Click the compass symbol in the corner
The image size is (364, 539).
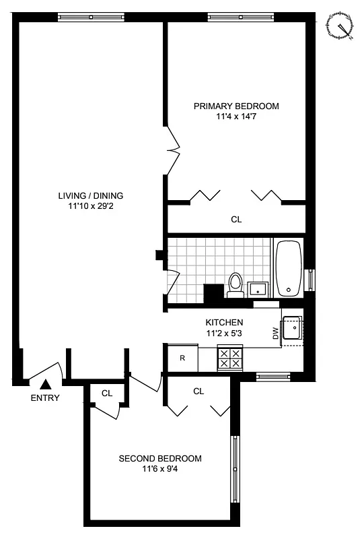(340, 28)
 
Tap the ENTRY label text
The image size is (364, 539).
(45, 398)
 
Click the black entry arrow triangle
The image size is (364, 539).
(45, 384)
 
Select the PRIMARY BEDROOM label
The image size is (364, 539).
(236, 106)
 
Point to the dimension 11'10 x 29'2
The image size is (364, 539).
(90, 206)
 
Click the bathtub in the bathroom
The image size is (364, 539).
(289, 268)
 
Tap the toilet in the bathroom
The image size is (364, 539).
(235, 285)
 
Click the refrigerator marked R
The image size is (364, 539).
(182, 358)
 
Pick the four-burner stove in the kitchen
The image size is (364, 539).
(231, 358)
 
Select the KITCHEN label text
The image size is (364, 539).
(224, 322)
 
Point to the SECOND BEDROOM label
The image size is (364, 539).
(160, 459)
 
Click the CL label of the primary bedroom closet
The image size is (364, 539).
(236, 220)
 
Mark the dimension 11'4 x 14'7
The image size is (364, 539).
(236, 117)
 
